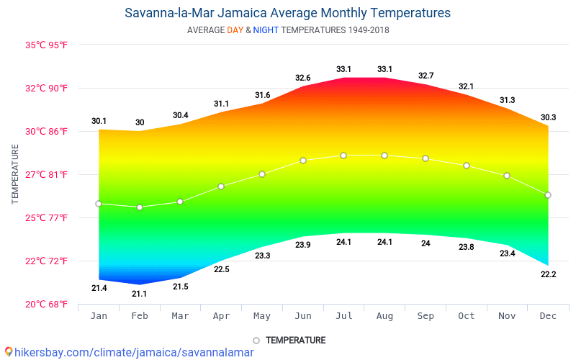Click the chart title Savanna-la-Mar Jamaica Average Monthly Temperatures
[x=287, y=13]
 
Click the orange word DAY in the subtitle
[x=235, y=30]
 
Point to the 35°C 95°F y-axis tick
[x=47, y=45]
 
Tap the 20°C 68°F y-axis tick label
[x=47, y=304]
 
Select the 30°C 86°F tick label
[x=47, y=131]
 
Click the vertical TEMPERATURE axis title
[x=15, y=174]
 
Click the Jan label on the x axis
[x=99, y=316]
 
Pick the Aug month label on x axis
[x=384, y=316]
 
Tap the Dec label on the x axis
[x=548, y=316]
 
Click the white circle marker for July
[x=343, y=156]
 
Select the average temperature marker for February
[x=140, y=207]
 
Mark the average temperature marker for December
[x=548, y=195]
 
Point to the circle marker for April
[x=221, y=186]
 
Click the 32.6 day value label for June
[x=302, y=78]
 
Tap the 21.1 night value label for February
[x=140, y=294]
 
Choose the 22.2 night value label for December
[x=548, y=274]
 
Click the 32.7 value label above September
[x=426, y=76]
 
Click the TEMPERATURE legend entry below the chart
[x=295, y=340]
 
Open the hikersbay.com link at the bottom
[x=130, y=352]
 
